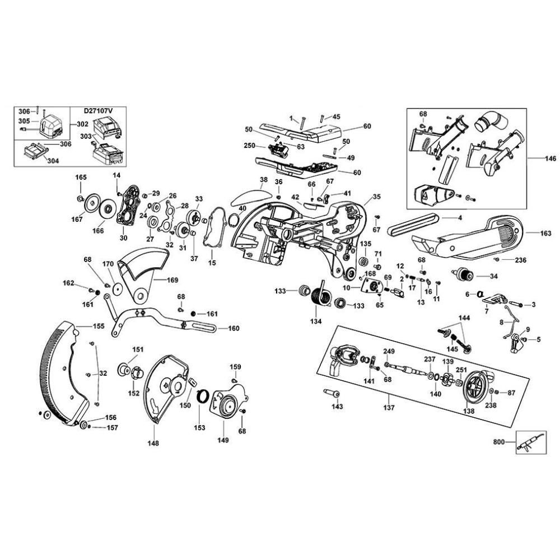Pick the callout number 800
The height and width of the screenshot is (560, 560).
click(x=498, y=442)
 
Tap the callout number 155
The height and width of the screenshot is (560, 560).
click(x=99, y=325)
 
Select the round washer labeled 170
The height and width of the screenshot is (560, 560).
click(x=118, y=288)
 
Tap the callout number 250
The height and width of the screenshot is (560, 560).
click(x=250, y=146)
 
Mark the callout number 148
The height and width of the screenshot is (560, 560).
click(x=153, y=444)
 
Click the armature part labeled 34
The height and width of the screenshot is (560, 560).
click(x=464, y=275)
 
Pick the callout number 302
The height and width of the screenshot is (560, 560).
click(x=82, y=124)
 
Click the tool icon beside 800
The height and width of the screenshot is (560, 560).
click(x=529, y=442)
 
